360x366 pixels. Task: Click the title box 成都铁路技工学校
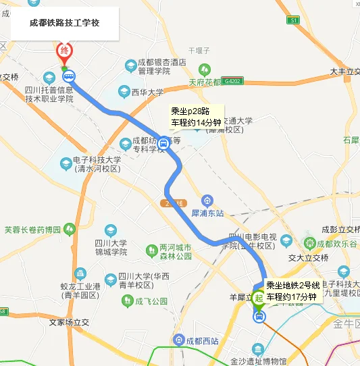65,22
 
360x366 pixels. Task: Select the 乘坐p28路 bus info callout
196,117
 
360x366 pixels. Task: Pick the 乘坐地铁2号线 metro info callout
292,291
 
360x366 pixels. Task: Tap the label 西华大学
147,93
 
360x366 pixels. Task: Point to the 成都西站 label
202,340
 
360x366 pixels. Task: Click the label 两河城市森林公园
176,252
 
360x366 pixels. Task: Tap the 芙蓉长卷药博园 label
32,229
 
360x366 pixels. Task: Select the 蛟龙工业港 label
80,291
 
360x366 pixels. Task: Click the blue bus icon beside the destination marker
70,76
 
